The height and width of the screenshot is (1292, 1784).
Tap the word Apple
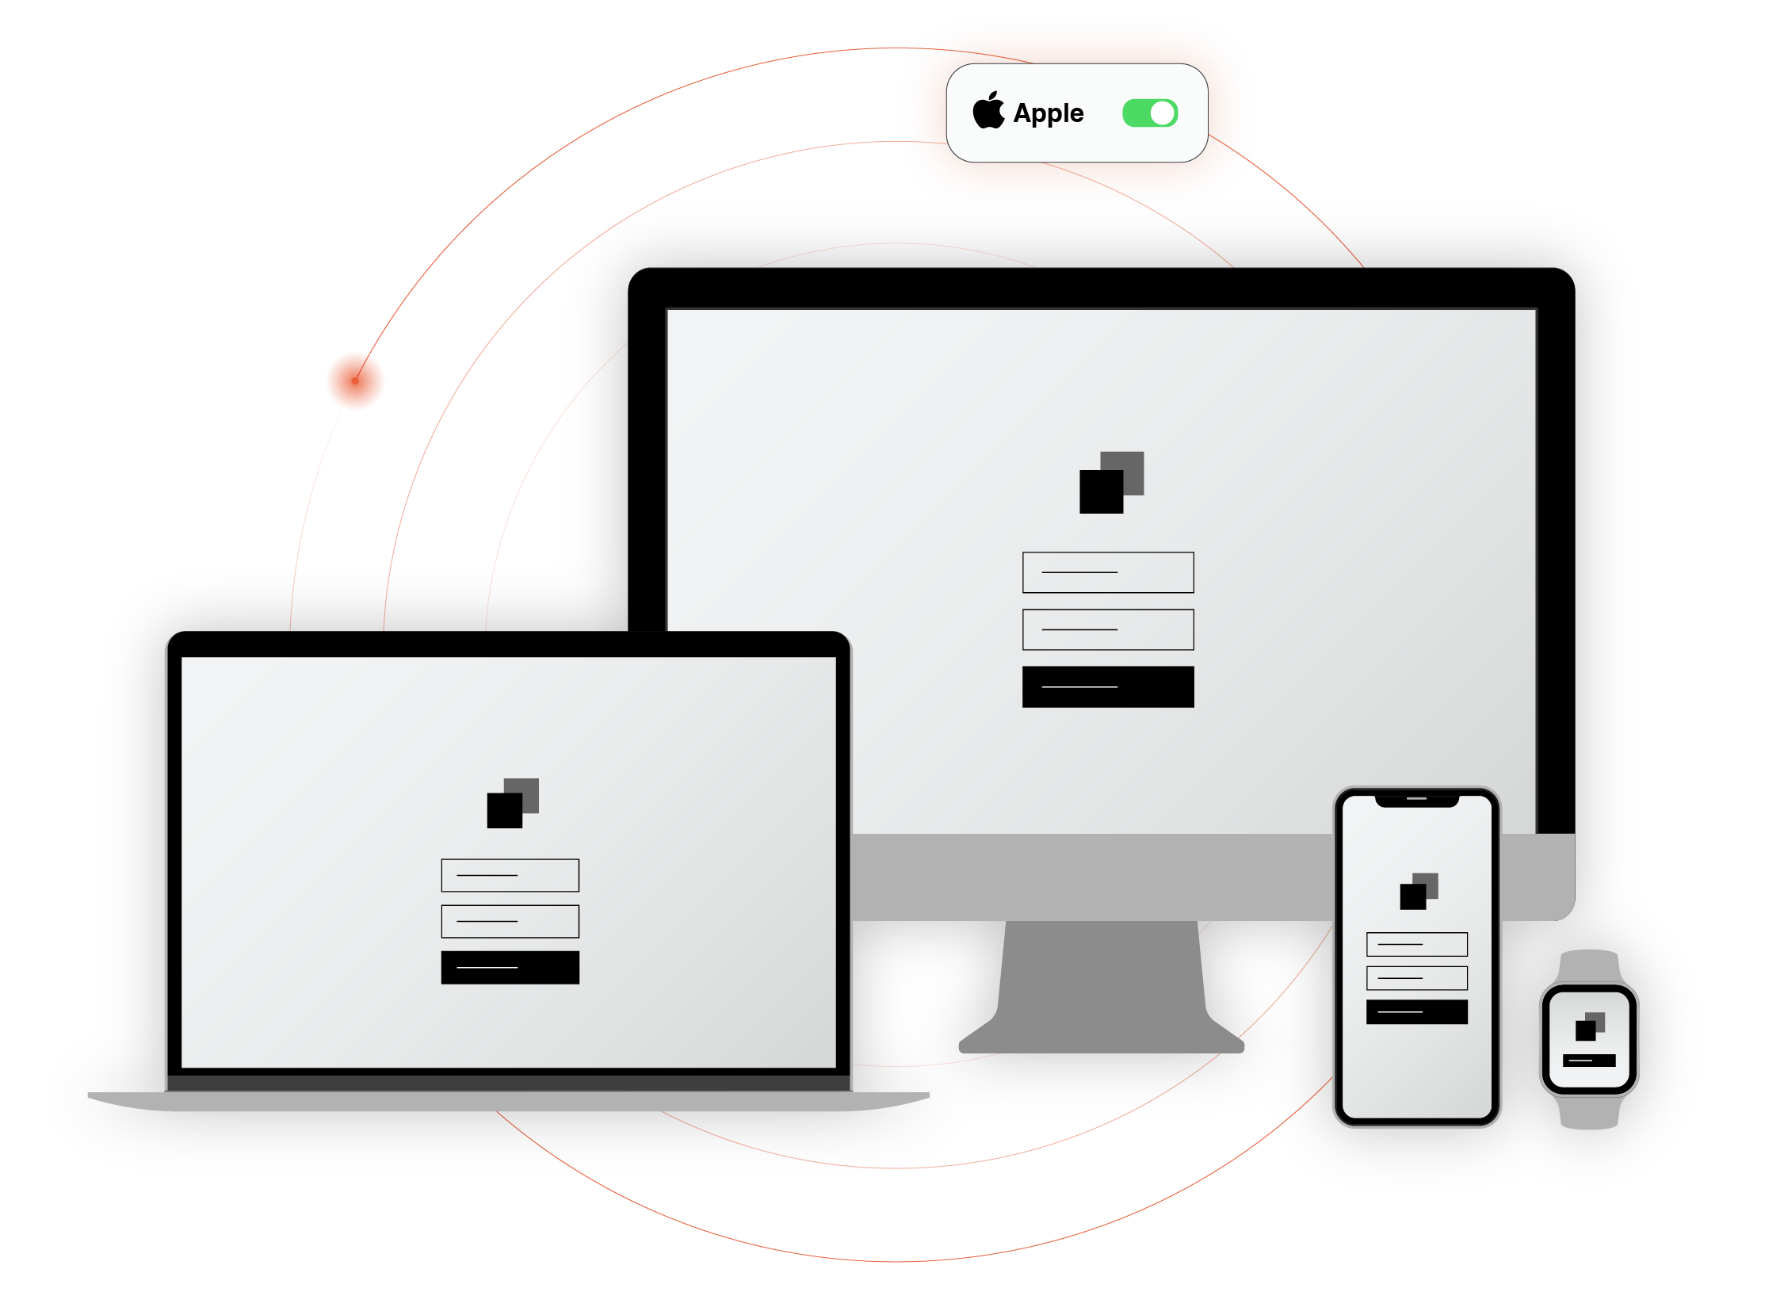pyautogui.click(x=1049, y=113)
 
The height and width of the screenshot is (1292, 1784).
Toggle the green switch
pyautogui.click(x=1150, y=113)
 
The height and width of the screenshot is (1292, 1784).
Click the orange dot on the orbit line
pyautogui.click(x=355, y=381)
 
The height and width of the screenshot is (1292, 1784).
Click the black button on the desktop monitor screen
pyautogui.click(x=1108, y=686)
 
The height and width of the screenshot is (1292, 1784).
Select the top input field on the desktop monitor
pyautogui.click(x=1108, y=572)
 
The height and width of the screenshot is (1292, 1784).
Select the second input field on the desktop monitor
pyautogui.click(x=1108, y=629)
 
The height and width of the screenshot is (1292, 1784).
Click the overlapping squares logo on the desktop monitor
pyautogui.click(x=1111, y=483)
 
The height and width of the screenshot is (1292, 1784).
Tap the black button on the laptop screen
pyautogui.click(x=510, y=968)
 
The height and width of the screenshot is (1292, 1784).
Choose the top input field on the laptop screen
pyautogui.click(x=510, y=875)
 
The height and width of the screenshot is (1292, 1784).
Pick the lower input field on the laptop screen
pyautogui.click(x=510, y=921)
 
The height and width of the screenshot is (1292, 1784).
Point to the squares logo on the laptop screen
pyautogui.click(x=512, y=803)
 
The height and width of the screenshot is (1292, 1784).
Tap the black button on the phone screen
pyautogui.click(x=1416, y=1012)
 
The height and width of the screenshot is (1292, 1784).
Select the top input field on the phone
pyautogui.click(x=1416, y=944)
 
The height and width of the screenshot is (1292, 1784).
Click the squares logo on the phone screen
pyautogui.click(x=1419, y=892)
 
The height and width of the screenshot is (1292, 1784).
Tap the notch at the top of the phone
pyautogui.click(x=1416, y=801)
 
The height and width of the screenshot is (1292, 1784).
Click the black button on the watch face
pyautogui.click(x=1588, y=1061)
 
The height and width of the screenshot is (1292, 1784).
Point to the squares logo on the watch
pyautogui.click(x=1589, y=1026)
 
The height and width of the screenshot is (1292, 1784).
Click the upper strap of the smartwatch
pyautogui.click(x=1589, y=966)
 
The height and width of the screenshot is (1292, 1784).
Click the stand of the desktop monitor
pyautogui.click(x=1102, y=991)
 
